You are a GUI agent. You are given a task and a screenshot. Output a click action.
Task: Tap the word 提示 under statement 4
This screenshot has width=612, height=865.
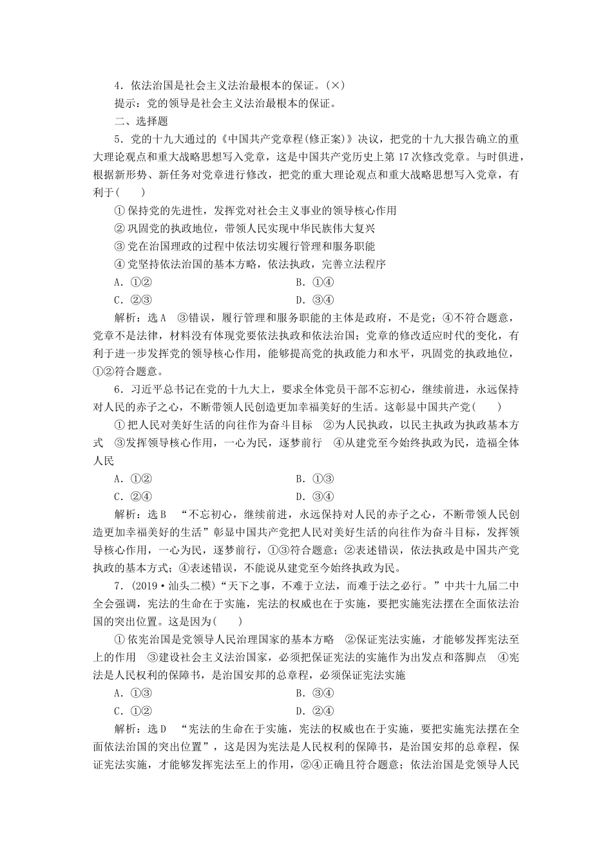click(x=125, y=104)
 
